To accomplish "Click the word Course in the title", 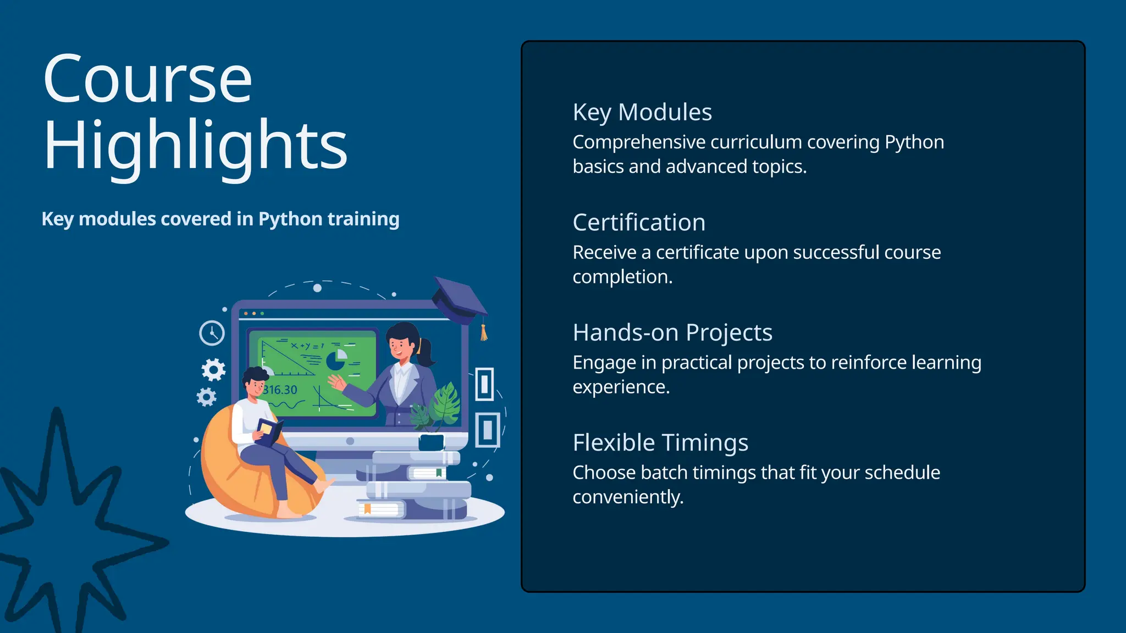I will (x=147, y=80).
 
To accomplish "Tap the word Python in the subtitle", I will (x=290, y=219).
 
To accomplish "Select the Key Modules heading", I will (x=642, y=113).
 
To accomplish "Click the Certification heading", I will (x=639, y=223).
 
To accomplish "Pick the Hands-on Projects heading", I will (x=672, y=333).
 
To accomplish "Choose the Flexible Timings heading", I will (x=660, y=443).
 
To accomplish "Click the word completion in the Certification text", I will (x=622, y=277).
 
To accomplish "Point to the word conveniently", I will (x=627, y=497).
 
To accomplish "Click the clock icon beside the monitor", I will (x=212, y=333).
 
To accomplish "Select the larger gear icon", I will (x=213, y=370).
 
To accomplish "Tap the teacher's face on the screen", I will (x=400, y=346).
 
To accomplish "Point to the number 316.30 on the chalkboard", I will (x=280, y=390).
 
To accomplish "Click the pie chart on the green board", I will (x=336, y=360).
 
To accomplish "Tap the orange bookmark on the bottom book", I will (x=367, y=509).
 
